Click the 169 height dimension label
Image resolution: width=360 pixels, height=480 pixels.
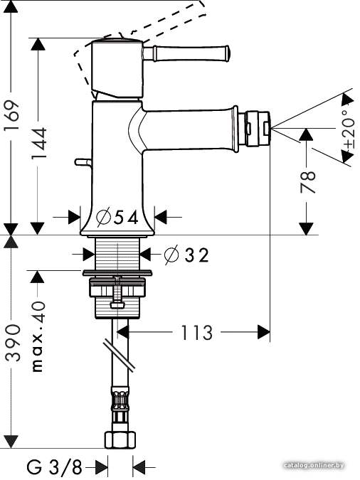point(11,115)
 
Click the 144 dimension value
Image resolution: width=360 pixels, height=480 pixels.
point(39,144)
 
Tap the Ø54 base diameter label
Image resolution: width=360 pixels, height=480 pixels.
point(117,217)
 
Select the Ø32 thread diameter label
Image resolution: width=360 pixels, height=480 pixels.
point(186,255)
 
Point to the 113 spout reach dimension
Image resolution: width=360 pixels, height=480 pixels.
point(196,333)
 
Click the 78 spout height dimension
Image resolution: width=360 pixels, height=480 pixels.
point(307,182)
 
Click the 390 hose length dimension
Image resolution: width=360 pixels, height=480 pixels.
point(13,343)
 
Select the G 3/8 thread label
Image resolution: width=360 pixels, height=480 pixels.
point(55,467)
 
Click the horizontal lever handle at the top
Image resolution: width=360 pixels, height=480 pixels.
point(186,53)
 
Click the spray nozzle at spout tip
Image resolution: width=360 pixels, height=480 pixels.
point(255,128)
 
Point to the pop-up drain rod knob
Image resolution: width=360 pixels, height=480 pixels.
point(82,162)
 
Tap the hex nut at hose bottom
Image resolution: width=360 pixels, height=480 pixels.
point(120,439)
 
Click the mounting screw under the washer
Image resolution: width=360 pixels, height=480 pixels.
point(117,292)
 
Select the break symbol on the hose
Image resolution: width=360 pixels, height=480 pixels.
point(119,356)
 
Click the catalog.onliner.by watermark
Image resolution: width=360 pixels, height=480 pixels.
point(314,465)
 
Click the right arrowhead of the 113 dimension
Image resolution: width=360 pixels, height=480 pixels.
point(264,332)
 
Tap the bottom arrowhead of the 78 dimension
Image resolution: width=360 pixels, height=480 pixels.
point(307,229)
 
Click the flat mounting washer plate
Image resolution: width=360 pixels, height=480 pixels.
point(117,272)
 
